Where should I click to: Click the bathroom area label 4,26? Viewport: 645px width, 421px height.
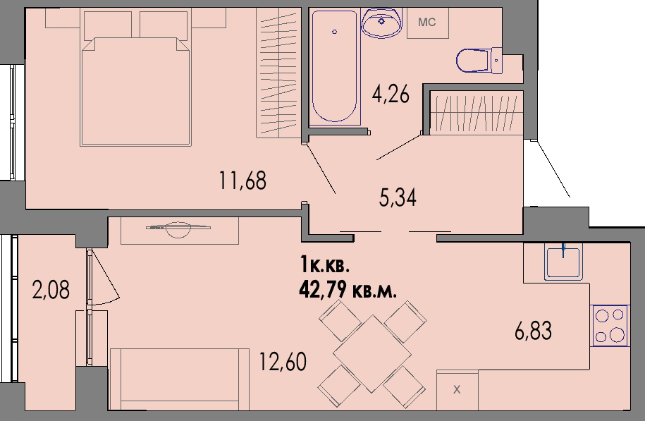tap(391, 95)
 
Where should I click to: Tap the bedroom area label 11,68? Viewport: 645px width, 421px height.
tap(242, 181)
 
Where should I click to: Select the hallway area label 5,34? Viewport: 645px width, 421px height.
tap(398, 198)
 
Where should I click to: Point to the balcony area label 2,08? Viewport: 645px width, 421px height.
tap(51, 290)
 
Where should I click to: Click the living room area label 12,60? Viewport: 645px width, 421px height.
tap(283, 362)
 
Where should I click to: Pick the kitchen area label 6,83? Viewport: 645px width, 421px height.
tap(533, 331)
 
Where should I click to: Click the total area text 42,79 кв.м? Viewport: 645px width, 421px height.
tap(348, 291)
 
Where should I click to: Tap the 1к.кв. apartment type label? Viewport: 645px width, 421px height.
tap(325, 264)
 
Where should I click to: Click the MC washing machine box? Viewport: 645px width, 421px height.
tap(427, 23)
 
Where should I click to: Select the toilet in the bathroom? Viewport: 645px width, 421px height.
tap(479, 61)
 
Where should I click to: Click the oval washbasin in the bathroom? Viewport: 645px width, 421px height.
tap(381, 23)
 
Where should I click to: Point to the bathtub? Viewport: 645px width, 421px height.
tap(334, 67)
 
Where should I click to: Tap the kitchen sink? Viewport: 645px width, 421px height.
tap(563, 262)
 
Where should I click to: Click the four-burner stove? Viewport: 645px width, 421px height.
tap(610, 326)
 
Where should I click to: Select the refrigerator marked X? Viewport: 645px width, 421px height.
tap(457, 390)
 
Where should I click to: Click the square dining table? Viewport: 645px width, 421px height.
tap(372, 353)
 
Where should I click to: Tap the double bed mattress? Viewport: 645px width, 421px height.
tap(136, 92)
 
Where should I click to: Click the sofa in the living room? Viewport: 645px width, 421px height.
tap(179, 379)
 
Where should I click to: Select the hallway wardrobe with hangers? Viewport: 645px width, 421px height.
tap(477, 112)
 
